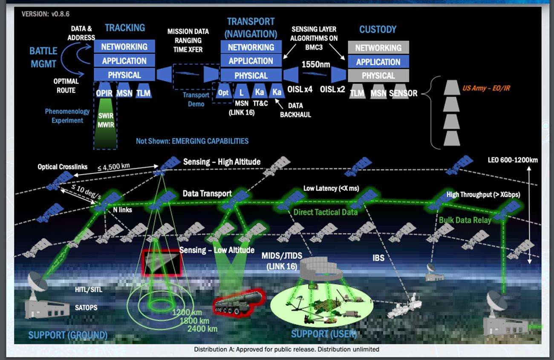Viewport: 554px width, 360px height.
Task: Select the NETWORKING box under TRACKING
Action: tap(124, 46)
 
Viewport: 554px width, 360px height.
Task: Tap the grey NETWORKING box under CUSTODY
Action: tap(378, 48)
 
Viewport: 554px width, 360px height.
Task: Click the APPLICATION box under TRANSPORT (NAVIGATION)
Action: tap(251, 61)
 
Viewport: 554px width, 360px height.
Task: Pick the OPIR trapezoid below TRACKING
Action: tap(104, 93)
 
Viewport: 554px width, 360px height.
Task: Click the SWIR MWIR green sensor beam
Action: tap(105, 121)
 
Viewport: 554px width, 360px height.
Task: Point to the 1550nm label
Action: tap(316, 65)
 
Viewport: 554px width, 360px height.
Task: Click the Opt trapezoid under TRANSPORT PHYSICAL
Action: tap(223, 92)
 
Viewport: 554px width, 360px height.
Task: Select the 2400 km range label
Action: tap(202, 328)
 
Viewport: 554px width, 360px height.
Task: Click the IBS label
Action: tap(378, 258)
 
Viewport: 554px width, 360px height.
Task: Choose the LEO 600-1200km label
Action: tap(512, 160)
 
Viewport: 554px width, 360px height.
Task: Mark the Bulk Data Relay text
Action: tap(465, 220)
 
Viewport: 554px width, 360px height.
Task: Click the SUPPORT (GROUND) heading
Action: tap(67, 335)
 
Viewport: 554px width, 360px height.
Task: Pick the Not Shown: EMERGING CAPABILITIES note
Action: tap(192, 141)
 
